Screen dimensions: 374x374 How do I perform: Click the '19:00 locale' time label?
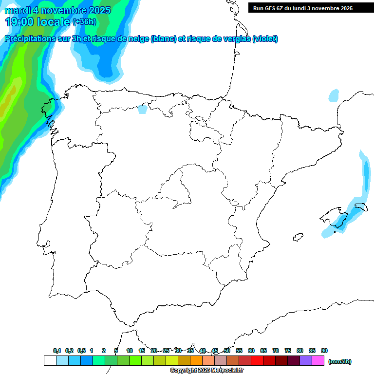[38, 21]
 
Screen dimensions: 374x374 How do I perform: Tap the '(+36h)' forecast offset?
[84, 22]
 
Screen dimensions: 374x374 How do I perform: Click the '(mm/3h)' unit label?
[339, 361]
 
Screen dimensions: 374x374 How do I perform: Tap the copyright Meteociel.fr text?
[207, 371]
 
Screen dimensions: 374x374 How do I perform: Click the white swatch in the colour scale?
[50, 361]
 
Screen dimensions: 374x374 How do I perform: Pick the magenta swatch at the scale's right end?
[318, 361]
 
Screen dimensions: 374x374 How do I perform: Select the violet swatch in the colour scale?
[306, 361]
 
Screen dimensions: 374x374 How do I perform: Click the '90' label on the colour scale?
[324, 351]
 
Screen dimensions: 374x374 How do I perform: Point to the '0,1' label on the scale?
[57, 351]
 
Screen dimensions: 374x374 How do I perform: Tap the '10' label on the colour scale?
[130, 351]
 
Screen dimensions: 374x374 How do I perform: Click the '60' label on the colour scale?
[251, 351]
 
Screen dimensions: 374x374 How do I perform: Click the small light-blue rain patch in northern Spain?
[142, 109]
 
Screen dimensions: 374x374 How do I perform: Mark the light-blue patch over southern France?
[334, 95]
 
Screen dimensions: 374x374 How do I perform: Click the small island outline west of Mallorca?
[296, 238]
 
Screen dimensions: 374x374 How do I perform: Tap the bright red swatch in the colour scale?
[257, 361]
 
